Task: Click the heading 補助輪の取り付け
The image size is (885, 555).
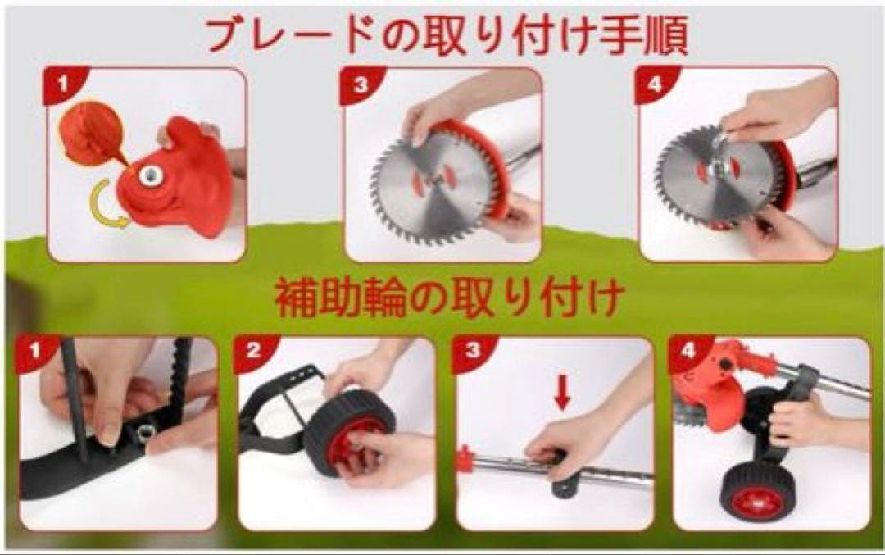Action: tap(450, 298)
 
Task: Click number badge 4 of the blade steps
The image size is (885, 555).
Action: tap(655, 84)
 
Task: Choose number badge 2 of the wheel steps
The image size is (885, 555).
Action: tap(253, 352)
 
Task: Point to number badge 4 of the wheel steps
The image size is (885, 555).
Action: tap(688, 352)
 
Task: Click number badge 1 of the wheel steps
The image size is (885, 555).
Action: tap(35, 352)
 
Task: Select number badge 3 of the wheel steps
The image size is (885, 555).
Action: tap(473, 352)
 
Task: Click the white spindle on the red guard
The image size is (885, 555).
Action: tap(151, 175)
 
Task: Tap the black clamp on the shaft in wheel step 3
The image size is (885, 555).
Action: tap(565, 476)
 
